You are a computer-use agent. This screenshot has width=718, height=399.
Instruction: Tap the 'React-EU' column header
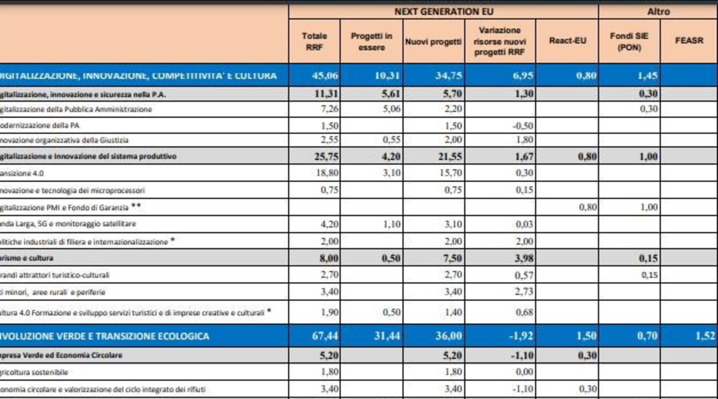point(567,41)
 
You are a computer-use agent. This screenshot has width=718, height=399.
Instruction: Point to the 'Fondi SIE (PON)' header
point(629,41)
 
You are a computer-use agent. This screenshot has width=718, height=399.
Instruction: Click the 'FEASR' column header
point(689,41)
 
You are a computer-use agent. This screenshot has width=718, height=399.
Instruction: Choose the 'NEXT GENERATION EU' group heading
point(443,11)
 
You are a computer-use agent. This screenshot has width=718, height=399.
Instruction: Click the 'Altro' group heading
point(658,11)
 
